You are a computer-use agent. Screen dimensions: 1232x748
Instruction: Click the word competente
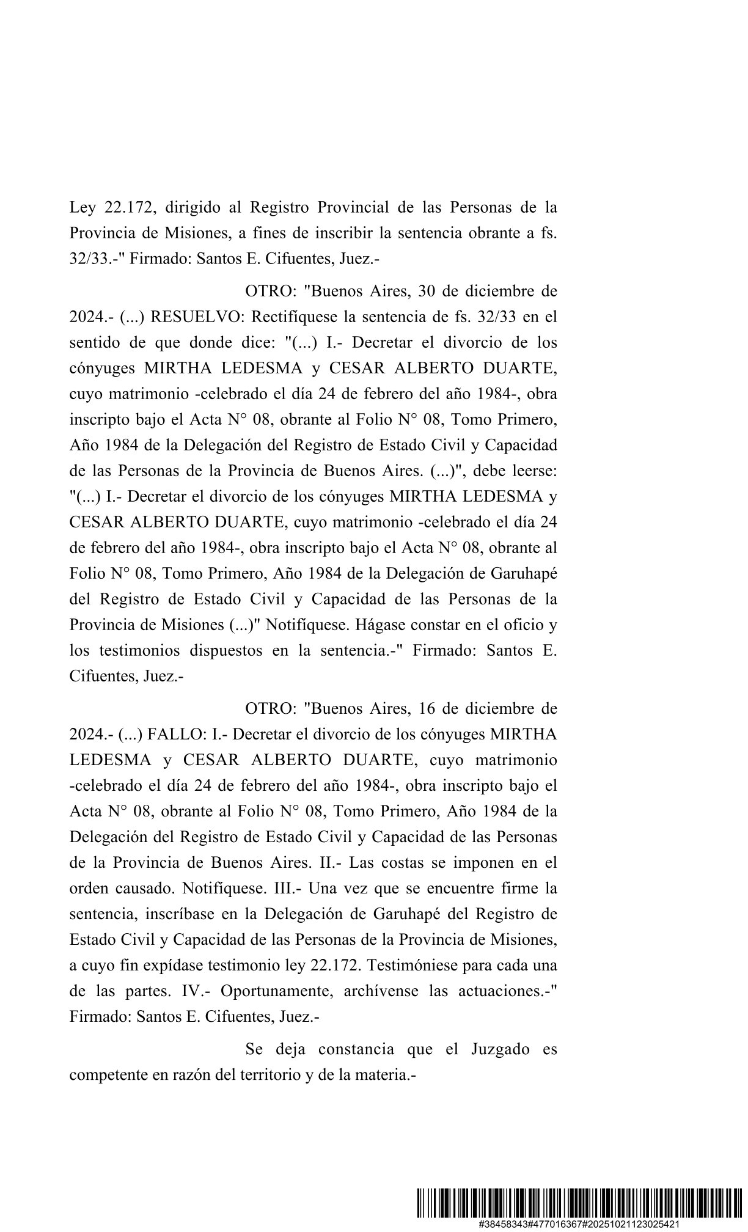click(106, 1075)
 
